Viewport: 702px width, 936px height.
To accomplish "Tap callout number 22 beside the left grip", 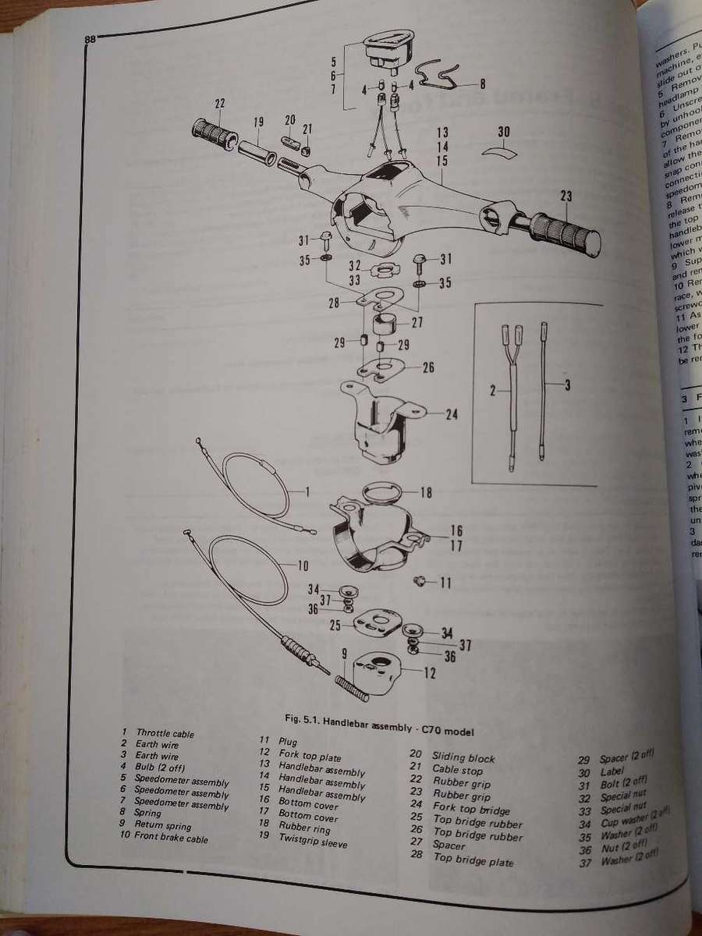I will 219,104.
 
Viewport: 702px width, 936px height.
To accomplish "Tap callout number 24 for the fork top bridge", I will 451,414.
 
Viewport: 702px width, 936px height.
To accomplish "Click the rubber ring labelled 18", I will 386,493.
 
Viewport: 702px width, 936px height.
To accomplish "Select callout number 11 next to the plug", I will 445,582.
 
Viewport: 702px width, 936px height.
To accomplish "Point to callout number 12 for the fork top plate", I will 430,672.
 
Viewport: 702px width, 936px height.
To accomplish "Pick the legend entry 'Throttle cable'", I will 165,733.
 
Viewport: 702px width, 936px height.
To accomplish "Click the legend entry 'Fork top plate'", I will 310,753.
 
